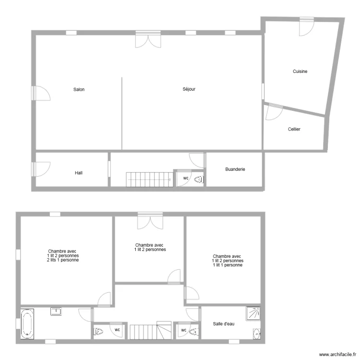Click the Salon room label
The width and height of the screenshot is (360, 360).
[79, 89]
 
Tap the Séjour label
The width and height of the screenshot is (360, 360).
[189, 89]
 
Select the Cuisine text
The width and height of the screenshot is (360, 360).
[300, 72]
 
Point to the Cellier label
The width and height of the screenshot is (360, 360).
[294, 129]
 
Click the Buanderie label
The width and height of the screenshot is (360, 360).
[235, 169]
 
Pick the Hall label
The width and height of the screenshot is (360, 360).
[78, 173]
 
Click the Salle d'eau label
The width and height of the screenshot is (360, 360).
[224, 324]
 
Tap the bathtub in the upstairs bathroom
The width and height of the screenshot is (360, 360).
[27, 324]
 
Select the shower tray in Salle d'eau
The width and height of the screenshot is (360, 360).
[252, 313]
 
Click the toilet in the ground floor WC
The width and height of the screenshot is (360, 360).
[199, 179]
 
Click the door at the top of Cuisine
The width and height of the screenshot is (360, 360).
[305, 27]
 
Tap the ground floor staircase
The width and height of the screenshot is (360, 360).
[149, 180]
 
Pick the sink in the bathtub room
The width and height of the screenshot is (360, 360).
[57, 312]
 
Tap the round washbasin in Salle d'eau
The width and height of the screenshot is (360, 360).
[257, 333]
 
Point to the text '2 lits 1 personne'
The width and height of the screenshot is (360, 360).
[63, 260]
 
